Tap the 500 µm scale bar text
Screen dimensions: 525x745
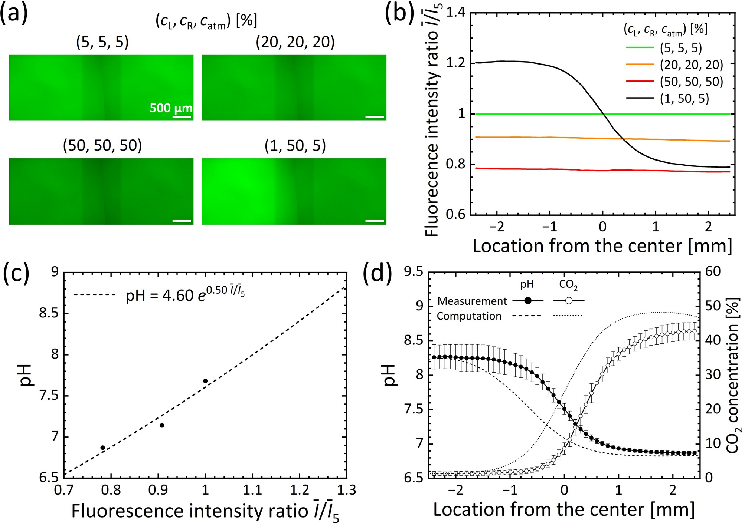coord(171,108)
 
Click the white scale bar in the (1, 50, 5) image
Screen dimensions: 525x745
coord(375,221)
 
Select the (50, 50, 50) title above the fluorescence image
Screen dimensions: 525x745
coord(102,146)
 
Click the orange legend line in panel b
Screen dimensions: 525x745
coord(640,65)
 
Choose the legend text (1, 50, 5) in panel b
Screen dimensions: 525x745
coord(684,98)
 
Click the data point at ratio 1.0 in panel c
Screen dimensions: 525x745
coord(205,381)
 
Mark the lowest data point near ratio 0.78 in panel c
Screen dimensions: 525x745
coord(103,448)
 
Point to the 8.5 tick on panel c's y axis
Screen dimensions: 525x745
coord(49,314)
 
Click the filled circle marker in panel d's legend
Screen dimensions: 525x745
coord(528,301)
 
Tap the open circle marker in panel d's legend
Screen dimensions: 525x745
coord(568,301)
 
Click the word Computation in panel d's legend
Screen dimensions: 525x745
coord(469,316)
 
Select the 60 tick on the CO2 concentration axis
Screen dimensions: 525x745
coord(713,272)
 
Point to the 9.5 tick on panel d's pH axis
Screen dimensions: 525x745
coord(414,272)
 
